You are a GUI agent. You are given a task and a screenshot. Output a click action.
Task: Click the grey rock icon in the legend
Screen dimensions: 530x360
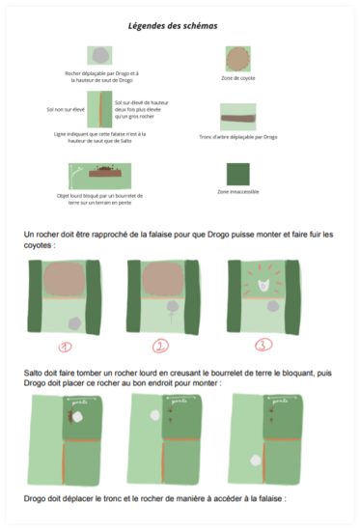pyautogui.click(x=101, y=55)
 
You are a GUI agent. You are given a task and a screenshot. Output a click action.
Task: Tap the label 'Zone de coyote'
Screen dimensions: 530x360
pyautogui.click(x=237, y=78)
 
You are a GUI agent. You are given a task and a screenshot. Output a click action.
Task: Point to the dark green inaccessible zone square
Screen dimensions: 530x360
pyautogui.click(x=237, y=174)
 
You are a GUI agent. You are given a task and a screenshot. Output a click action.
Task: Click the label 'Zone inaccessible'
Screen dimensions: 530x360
pyautogui.click(x=237, y=192)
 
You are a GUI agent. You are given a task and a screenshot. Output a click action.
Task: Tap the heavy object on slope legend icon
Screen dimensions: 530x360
pyautogui.click(x=100, y=176)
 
